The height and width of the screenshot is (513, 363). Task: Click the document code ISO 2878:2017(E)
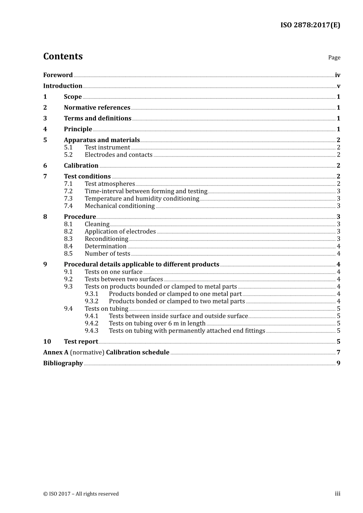pyautogui.click(x=310, y=25)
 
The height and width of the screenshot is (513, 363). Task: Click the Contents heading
pyautogui.click(x=63, y=56)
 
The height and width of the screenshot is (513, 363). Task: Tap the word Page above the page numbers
pyautogui.click(x=334, y=58)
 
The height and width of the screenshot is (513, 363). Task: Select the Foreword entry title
pyautogui.click(x=58, y=75)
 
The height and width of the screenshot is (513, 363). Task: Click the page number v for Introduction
pyautogui.click(x=338, y=86)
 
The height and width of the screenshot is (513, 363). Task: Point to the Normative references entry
pyautogui.click(x=97, y=108)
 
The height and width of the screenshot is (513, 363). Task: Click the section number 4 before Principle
pyautogui.click(x=45, y=129)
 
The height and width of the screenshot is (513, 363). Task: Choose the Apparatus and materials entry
pyautogui.click(x=102, y=140)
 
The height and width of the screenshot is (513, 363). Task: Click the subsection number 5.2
pyautogui.click(x=68, y=155)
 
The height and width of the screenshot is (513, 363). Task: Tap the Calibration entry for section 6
pyautogui.click(x=81, y=166)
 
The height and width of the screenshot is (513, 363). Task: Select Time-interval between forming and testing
pyautogui.click(x=146, y=191)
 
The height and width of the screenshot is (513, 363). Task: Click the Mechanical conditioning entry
pyautogui.click(x=120, y=206)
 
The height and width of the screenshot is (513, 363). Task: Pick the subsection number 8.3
pyautogui.click(x=68, y=239)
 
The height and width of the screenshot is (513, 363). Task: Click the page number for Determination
pyautogui.click(x=338, y=247)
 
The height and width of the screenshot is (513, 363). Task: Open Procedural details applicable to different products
pyautogui.click(x=141, y=265)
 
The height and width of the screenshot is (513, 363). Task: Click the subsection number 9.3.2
pyautogui.click(x=91, y=302)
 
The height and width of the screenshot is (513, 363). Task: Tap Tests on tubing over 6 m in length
pyautogui.click(x=157, y=324)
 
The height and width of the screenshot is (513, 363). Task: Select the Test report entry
pyautogui.click(x=81, y=342)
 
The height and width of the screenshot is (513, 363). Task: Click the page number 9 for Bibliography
pyautogui.click(x=338, y=363)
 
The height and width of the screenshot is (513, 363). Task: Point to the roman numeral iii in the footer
pyautogui.click(x=337, y=494)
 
